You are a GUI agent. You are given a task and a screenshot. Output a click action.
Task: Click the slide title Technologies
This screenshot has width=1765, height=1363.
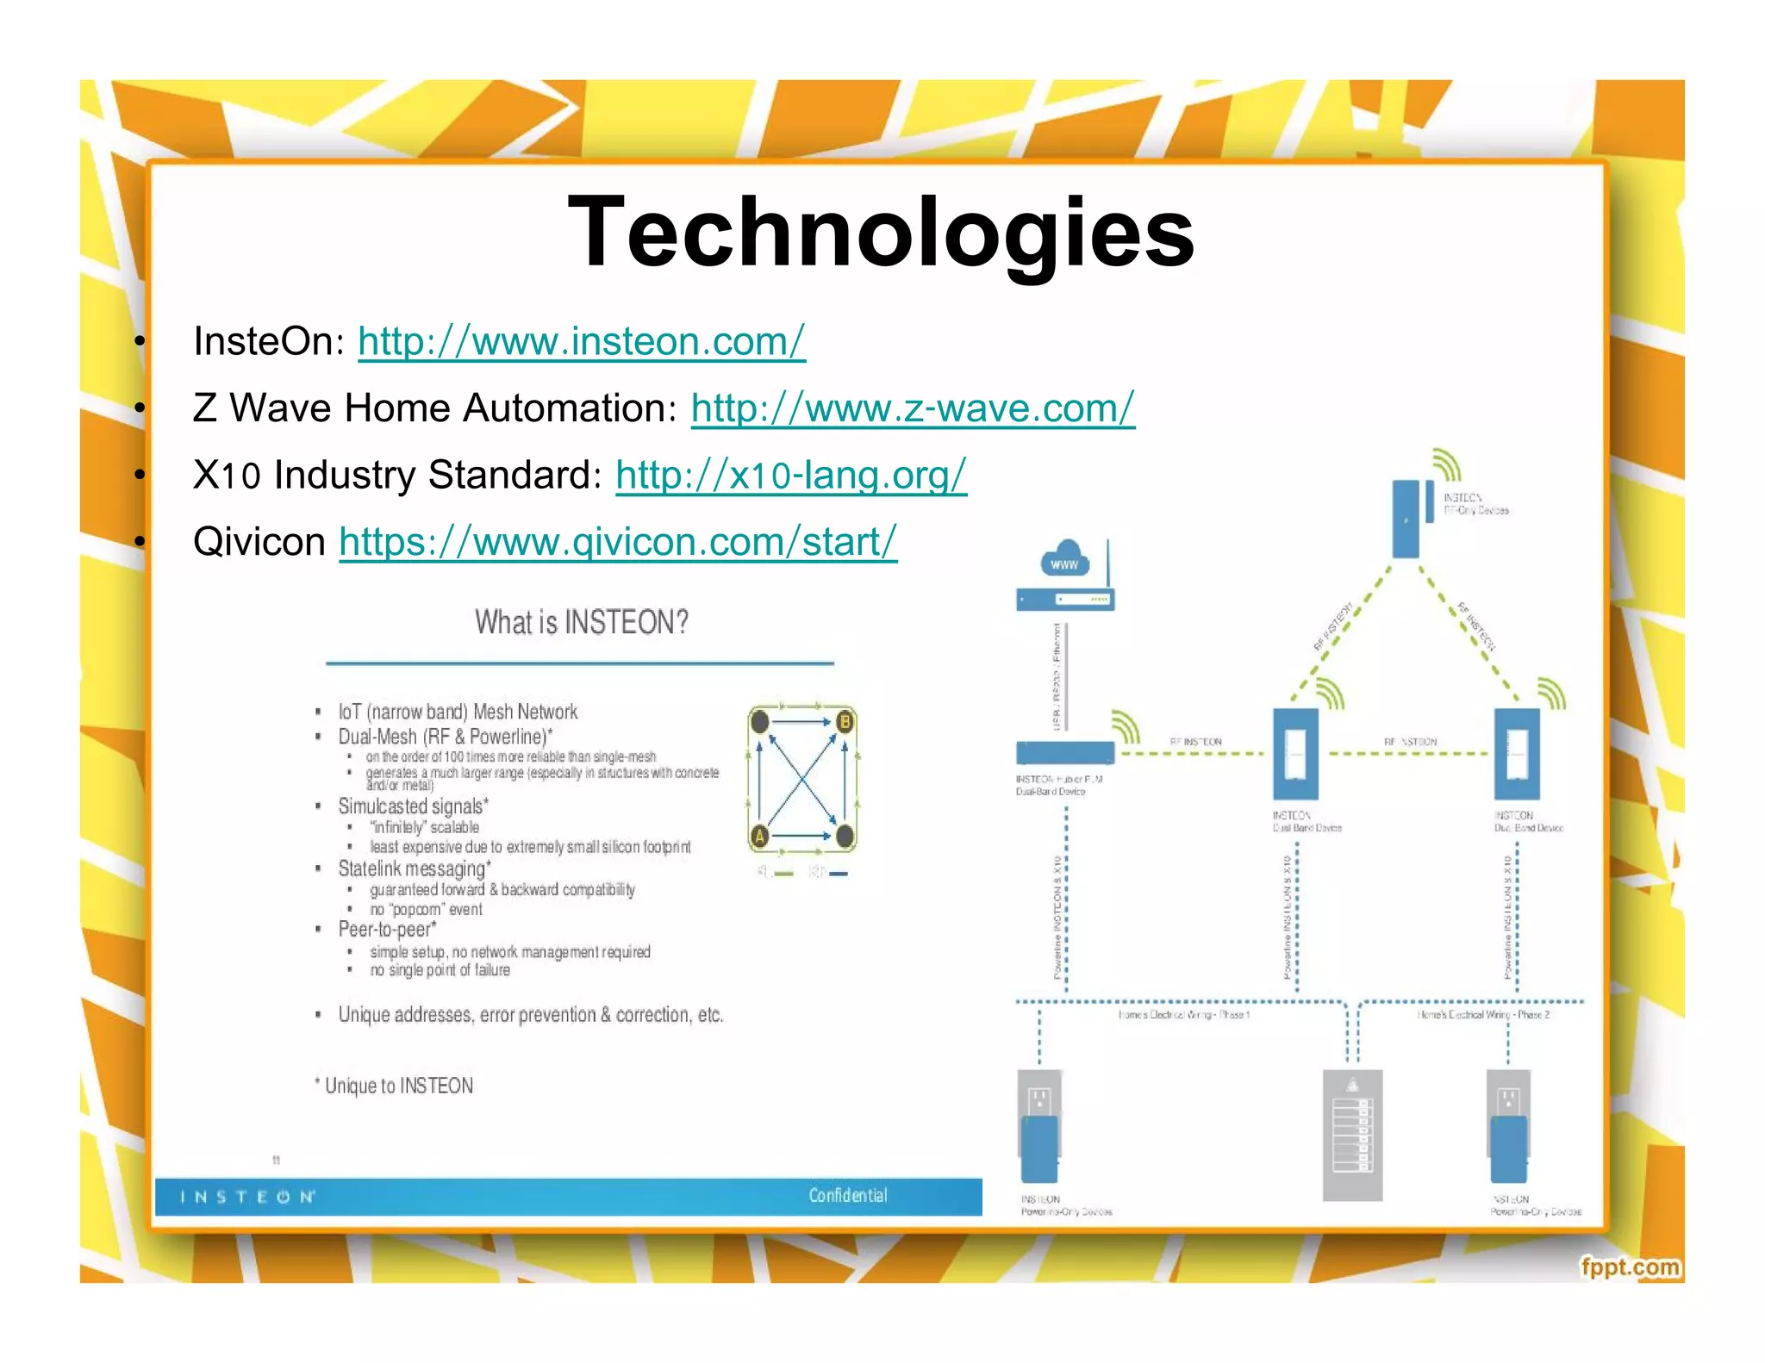point(881,231)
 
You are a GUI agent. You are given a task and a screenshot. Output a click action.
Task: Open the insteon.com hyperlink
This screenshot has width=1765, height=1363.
point(582,341)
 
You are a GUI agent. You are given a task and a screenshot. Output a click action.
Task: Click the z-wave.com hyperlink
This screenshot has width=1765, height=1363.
point(913,408)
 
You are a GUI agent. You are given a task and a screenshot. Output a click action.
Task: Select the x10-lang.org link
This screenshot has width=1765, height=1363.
point(791,475)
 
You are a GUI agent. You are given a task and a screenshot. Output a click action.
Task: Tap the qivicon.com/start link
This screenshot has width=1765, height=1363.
point(618,542)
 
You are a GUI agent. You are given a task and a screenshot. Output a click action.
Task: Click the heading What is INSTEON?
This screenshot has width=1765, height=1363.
point(582,622)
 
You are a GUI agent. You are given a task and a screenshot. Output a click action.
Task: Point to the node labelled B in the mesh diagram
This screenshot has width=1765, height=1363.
point(845,722)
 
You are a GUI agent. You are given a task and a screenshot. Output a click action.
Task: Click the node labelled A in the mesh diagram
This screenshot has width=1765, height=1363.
point(760,835)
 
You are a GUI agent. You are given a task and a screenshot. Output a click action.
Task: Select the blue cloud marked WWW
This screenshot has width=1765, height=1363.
point(1065,561)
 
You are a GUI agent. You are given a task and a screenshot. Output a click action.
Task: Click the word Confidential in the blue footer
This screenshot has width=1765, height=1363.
point(847,1195)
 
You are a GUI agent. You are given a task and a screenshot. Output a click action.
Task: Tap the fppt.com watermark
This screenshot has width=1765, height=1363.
point(1630,1267)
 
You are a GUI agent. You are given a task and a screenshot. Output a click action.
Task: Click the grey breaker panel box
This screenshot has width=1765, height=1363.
point(1352,1135)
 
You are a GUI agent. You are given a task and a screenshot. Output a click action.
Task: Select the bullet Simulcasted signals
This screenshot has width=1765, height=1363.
point(413,806)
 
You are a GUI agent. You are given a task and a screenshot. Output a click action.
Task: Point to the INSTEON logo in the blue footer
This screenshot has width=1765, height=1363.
point(247,1197)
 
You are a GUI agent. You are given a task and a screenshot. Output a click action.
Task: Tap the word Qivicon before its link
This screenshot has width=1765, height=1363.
point(259,542)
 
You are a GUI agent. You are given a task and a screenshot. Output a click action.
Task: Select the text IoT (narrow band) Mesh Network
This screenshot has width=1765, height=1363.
point(458,712)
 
